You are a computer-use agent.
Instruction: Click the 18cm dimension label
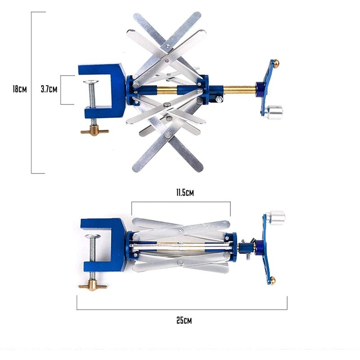(20, 89)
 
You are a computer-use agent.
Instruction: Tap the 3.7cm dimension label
(49, 89)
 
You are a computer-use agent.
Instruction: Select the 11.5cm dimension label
(185, 193)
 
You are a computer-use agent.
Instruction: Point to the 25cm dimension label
(184, 320)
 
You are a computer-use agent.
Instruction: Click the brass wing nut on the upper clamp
(94, 130)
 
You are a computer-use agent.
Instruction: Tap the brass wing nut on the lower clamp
(93, 286)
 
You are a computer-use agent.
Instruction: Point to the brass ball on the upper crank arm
(276, 63)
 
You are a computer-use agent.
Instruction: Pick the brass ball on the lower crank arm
(273, 280)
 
